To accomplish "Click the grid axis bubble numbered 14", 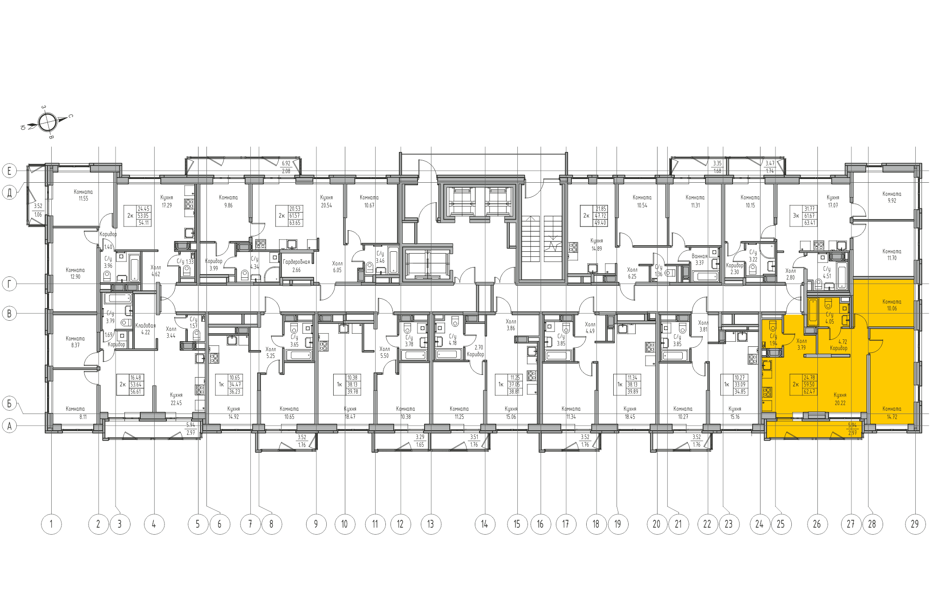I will pyautogui.click(x=485, y=524).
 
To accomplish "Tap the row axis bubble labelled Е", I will pyautogui.click(x=9, y=171).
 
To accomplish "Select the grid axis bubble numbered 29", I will pyautogui.click(x=915, y=524).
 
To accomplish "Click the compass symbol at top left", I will pyautogui.click(x=47, y=123).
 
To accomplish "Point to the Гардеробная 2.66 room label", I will pyautogui.click(x=296, y=266).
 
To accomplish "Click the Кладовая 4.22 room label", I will pyautogui.click(x=145, y=329).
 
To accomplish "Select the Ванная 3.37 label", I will pyautogui.click(x=699, y=259).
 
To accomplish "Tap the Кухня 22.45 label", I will pyautogui.click(x=176, y=399).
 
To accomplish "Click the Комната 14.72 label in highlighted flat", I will pyautogui.click(x=891, y=413).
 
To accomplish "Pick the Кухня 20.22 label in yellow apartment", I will pyautogui.click(x=840, y=399).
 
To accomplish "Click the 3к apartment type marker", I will pyautogui.click(x=796, y=216).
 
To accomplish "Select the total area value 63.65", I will pyautogui.click(x=295, y=223).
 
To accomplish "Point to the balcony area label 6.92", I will pyautogui.click(x=286, y=164).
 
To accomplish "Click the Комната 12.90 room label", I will pyautogui.click(x=75, y=273).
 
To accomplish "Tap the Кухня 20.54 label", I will pyautogui.click(x=326, y=201).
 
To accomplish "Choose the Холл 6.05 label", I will pyautogui.click(x=337, y=267).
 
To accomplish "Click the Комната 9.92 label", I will pyautogui.click(x=891, y=197).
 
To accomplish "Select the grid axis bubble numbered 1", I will pyautogui.click(x=51, y=524).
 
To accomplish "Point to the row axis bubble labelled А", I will pyautogui.click(x=9, y=426).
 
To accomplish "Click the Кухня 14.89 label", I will pyautogui.click(x=596, y=245).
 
